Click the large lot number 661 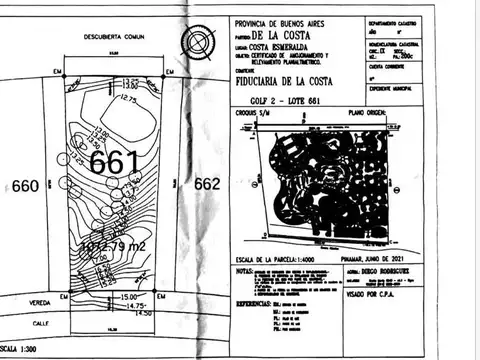[114, 161]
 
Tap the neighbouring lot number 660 [25, 185]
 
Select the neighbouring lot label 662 [207, 184]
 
